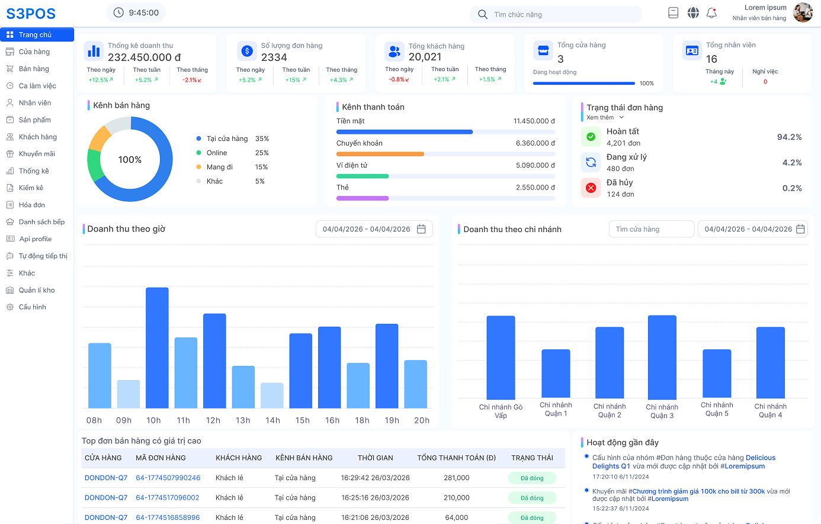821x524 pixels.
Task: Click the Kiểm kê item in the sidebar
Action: [31, 188]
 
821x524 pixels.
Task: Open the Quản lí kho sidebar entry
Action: [36, 290]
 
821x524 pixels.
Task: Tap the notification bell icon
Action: [711, 13]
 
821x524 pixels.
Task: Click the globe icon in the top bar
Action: [692, 13]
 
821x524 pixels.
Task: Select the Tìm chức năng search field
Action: [556, 14]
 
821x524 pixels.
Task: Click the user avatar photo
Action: [802, 12]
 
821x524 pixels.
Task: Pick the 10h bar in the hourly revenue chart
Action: [157, 348]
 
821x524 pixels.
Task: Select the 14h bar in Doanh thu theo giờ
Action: [272, 396]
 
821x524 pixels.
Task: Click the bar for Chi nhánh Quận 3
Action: [662, 357]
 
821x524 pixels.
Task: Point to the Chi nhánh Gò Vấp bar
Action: [501, 357]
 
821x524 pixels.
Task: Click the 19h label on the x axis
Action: [392, 420]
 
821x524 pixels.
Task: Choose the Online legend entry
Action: [217, 153]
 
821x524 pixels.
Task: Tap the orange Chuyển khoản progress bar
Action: [380, 154]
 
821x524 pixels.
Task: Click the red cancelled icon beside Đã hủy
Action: [591, 188]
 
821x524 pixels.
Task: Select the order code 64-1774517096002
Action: [168, 497]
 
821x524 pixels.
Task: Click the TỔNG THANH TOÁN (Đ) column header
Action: [456, 458]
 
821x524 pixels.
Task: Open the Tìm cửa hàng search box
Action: [652, 229]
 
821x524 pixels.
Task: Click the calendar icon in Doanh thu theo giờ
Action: [422, 229]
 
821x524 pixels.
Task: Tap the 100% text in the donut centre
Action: [130, 160]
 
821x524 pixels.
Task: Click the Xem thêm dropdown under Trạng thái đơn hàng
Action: [605, 118]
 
